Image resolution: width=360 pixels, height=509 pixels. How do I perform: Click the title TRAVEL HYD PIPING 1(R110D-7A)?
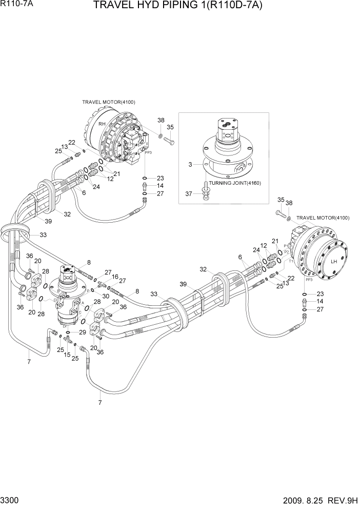click(x=180, y=6)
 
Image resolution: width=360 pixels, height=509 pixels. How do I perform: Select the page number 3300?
click(x=11, y=499)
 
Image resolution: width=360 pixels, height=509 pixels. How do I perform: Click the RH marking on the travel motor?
click(x=102, y=124)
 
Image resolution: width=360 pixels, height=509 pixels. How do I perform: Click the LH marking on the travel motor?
click(x=333, y=261)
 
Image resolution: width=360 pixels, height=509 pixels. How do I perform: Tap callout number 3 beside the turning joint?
click(x=190, y=165)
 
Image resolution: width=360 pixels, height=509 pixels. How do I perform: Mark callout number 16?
click(x=115, y=277)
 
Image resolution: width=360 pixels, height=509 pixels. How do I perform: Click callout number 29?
click(x=82, y=333)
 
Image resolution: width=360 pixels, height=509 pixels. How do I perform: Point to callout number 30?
click(x=106, y=296)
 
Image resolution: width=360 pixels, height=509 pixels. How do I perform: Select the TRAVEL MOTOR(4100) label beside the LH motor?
click(x=323, y=218)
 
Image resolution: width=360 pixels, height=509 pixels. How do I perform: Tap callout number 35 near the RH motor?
click(x=170, y=127)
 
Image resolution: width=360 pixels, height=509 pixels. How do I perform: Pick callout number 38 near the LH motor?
click(x=289, y=203)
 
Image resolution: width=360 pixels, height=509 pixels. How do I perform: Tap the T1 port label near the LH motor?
click(x=291, y=261)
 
